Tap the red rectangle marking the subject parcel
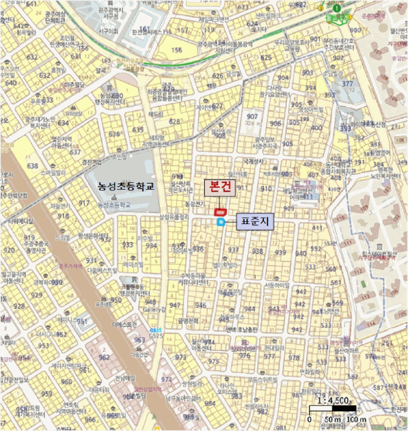218,212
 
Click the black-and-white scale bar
332,408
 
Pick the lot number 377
347,84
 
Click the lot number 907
252,117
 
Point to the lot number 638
33,166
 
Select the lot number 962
104,356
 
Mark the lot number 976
244,356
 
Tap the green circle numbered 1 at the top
337,8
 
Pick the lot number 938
257,251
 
